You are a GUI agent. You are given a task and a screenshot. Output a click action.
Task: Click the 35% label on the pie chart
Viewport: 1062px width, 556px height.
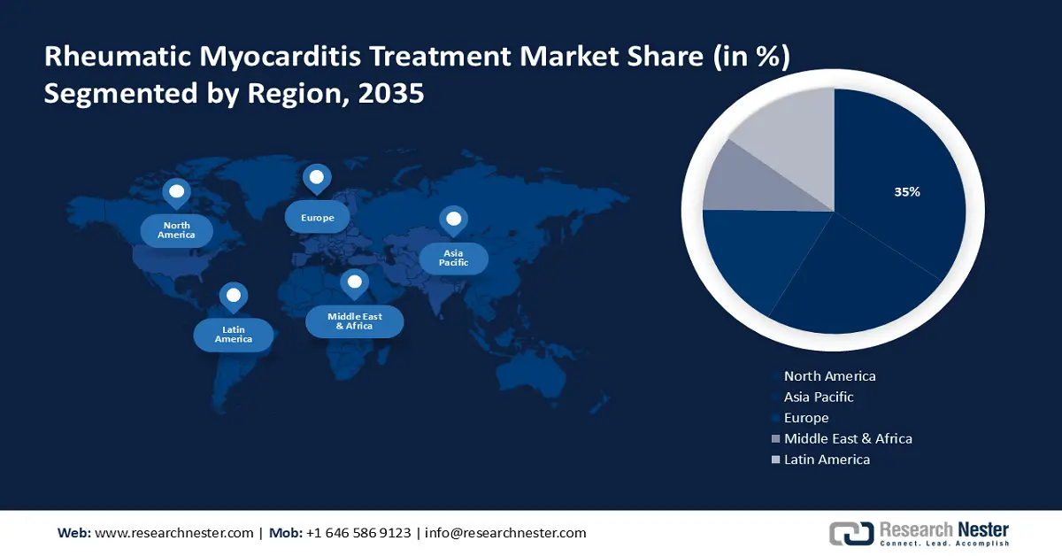(906, 192)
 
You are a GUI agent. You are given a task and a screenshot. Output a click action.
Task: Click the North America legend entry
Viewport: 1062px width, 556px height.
(829, 376)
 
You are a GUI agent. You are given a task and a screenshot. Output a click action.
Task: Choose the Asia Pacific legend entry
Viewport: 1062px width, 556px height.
(819, 398)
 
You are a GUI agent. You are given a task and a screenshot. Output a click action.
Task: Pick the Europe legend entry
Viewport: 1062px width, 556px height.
(806, 418)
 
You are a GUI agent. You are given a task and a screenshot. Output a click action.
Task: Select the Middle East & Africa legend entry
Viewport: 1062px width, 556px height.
(847, 438)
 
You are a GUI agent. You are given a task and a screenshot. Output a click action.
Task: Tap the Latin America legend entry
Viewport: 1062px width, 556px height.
(827, 459)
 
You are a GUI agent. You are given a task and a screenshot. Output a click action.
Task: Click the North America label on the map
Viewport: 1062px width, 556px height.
(176, 230)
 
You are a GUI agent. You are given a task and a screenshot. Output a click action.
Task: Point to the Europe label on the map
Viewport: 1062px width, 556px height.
(317, 217)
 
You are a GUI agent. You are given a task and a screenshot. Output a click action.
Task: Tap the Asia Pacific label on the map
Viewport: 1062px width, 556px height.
(453, 258)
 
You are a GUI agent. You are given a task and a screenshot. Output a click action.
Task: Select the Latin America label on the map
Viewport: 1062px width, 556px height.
(234, 334)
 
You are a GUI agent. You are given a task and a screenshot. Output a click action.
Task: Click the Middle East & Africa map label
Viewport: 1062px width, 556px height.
(354, 320)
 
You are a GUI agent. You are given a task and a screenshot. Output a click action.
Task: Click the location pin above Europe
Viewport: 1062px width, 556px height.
(317, 179)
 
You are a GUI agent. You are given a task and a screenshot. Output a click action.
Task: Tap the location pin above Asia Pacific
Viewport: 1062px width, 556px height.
(453, 220)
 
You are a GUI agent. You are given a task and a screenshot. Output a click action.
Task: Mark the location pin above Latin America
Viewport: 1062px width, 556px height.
(234, 296)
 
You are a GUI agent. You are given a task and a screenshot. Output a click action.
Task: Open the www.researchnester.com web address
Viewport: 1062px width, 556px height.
(173, 533)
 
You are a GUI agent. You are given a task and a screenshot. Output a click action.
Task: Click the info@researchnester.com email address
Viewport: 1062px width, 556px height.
(505, 533)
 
